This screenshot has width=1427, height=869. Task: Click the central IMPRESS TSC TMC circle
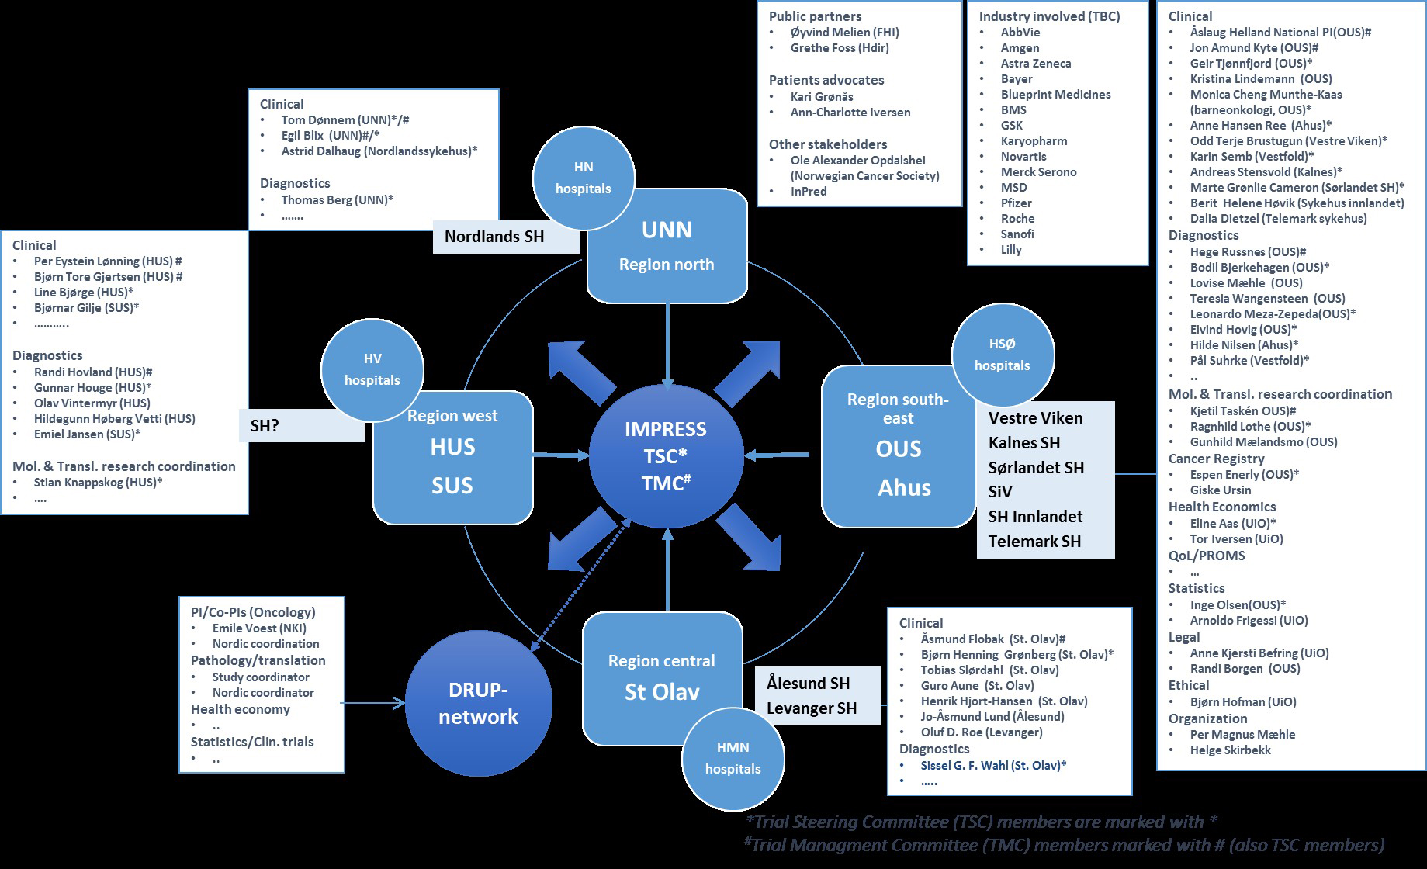(665, 456)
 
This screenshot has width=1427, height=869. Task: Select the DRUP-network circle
(478, 703)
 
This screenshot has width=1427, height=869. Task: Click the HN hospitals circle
(584, 178)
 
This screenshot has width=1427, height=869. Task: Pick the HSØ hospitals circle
(1002, 355)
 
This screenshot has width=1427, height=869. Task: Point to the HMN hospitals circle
(733, 758)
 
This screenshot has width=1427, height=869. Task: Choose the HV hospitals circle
(372, 369)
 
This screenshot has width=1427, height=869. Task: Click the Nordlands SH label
(494, 237)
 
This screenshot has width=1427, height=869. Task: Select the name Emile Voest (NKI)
(259, 628)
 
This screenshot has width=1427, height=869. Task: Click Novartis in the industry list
(1023, 156)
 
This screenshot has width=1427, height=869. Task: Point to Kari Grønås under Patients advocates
(822, 96)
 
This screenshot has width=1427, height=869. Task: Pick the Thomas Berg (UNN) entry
(337, 199)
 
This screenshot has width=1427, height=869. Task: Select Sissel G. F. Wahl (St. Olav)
(993, 765)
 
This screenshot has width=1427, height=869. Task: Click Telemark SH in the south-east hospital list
(1034, 541)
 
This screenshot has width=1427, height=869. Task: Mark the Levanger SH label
(812, 708)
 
